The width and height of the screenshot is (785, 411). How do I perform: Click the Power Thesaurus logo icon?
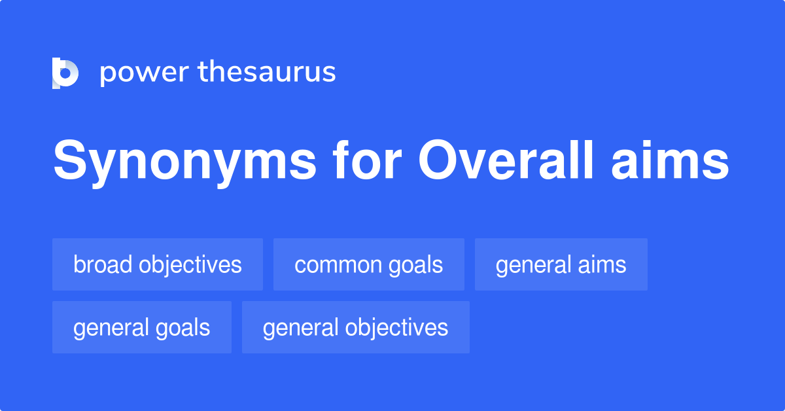point(65,73)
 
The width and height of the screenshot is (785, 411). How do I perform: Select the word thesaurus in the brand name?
point(268,72)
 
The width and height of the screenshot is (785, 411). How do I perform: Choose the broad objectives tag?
point(158,264)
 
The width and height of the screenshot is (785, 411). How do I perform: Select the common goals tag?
point(369,264)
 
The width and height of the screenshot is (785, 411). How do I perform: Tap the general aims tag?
point(561,264)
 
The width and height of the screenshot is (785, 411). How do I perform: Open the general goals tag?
point(142,327)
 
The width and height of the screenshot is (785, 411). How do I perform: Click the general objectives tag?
point(356,327)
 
